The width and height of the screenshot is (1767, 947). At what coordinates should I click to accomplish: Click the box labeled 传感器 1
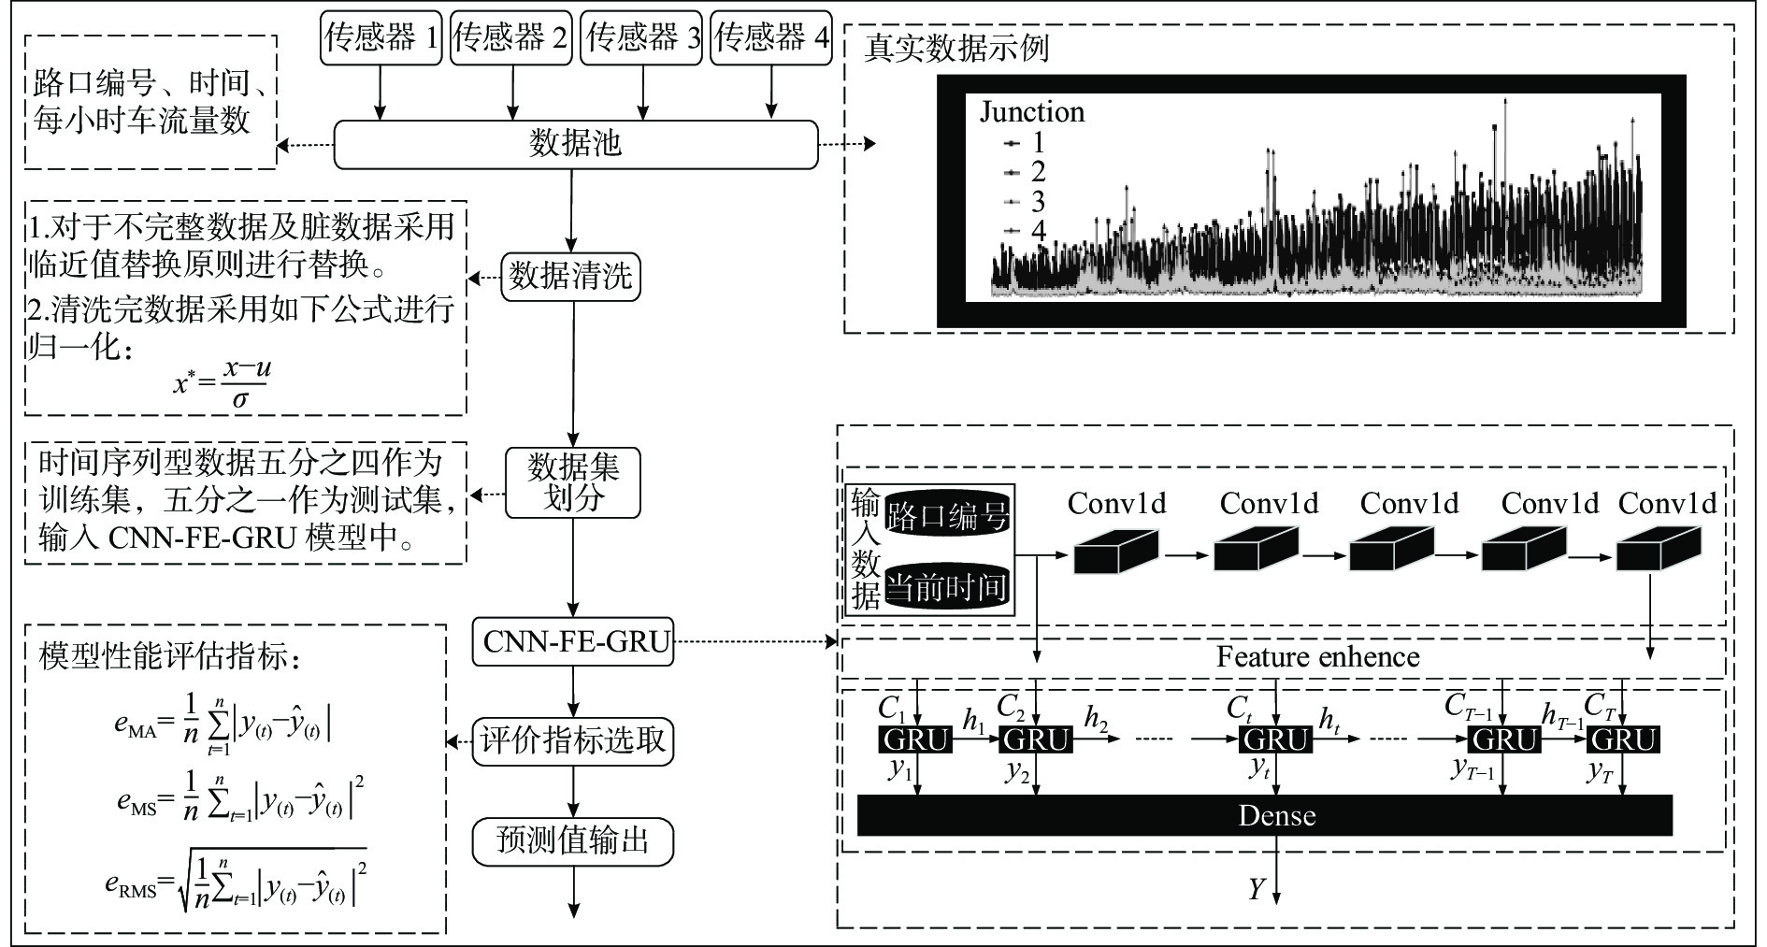point(381,38)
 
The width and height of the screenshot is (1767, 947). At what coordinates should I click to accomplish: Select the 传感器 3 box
point(641,38)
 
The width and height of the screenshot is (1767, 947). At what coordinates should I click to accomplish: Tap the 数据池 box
point(575,144)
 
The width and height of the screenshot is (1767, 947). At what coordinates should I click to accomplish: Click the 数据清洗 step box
point(570,277)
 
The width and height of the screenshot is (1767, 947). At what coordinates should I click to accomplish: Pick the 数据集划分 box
point(572,482)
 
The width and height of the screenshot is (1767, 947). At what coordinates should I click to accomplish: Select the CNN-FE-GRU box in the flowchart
point(573,641)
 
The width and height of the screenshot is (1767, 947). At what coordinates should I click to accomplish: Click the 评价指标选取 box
point(572,741)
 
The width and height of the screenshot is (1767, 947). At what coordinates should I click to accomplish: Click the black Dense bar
point(1264,815)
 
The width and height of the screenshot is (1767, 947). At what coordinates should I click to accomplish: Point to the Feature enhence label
point(1317,657)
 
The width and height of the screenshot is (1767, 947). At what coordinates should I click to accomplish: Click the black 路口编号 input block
point(947,515)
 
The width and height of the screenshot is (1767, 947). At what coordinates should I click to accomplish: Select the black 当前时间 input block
point(947,588)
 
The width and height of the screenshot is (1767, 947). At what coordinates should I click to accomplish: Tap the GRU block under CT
point(1623,740)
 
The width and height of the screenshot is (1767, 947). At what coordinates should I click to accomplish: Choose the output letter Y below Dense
point(1257,889)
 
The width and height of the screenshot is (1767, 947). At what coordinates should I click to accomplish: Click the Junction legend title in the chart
point(1031,112)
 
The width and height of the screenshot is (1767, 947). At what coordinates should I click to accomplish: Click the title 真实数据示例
point(955,49)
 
